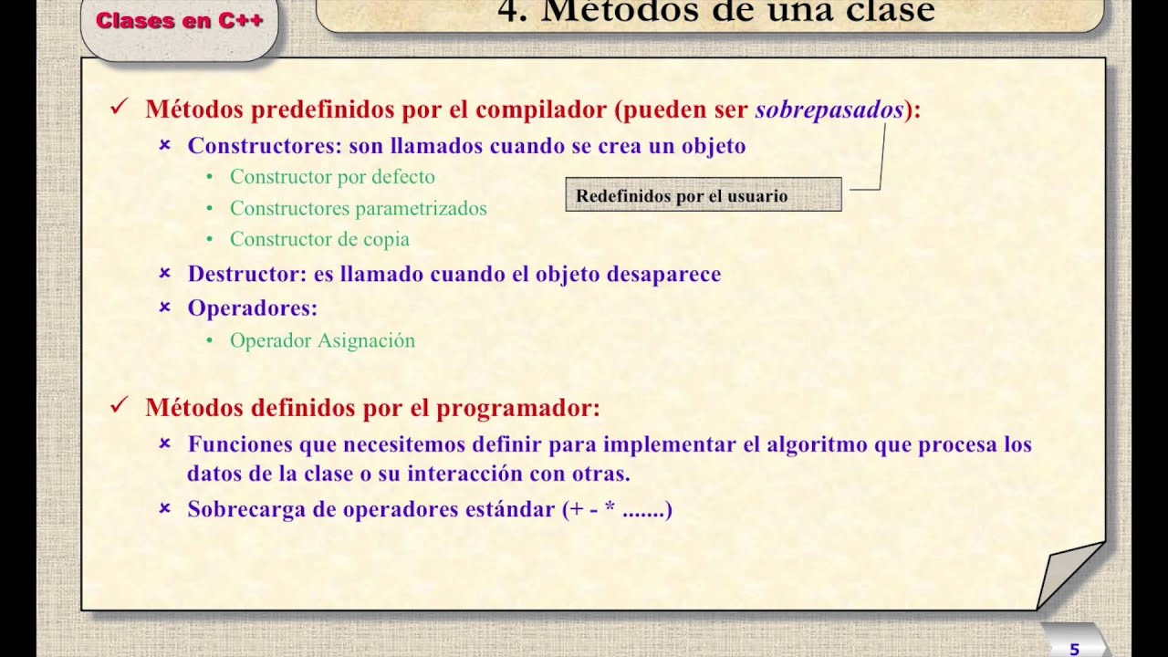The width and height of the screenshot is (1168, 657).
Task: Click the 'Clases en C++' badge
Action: coord(180,21)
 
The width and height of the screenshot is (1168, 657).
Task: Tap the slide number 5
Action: coord(1074,649)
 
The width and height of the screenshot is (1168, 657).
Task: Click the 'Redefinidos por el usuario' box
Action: coord(703,195)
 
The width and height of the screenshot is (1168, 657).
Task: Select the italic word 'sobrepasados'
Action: coord(829,109)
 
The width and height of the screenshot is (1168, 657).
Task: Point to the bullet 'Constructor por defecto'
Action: coord(332,177)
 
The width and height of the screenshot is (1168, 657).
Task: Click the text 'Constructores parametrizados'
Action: coord(358,208)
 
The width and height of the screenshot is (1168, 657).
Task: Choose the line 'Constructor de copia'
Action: coord(319,239)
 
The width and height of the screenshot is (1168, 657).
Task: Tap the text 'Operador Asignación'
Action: coord(322,340)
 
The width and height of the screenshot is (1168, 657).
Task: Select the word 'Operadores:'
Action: coord(252,308)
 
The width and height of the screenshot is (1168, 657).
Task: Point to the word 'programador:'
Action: coord(517,408)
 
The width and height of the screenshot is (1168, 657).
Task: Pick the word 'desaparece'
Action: coord(666,274)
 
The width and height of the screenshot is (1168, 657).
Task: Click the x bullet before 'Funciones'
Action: coord(165,443)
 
